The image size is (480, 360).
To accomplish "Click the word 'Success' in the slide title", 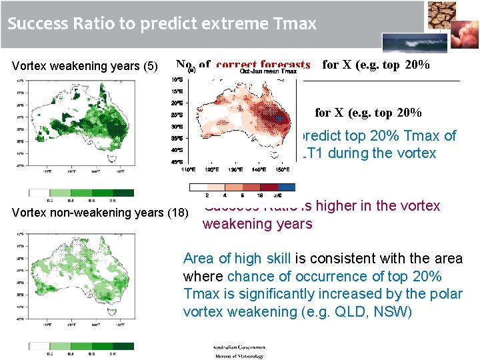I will coord(35,25).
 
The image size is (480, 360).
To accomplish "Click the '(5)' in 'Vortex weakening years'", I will coord(151,66).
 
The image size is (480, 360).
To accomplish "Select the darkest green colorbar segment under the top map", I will coord(123,193).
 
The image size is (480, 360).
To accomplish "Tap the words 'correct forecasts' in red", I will coord(263,65).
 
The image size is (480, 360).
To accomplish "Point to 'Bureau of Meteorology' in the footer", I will coord(238,356).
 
